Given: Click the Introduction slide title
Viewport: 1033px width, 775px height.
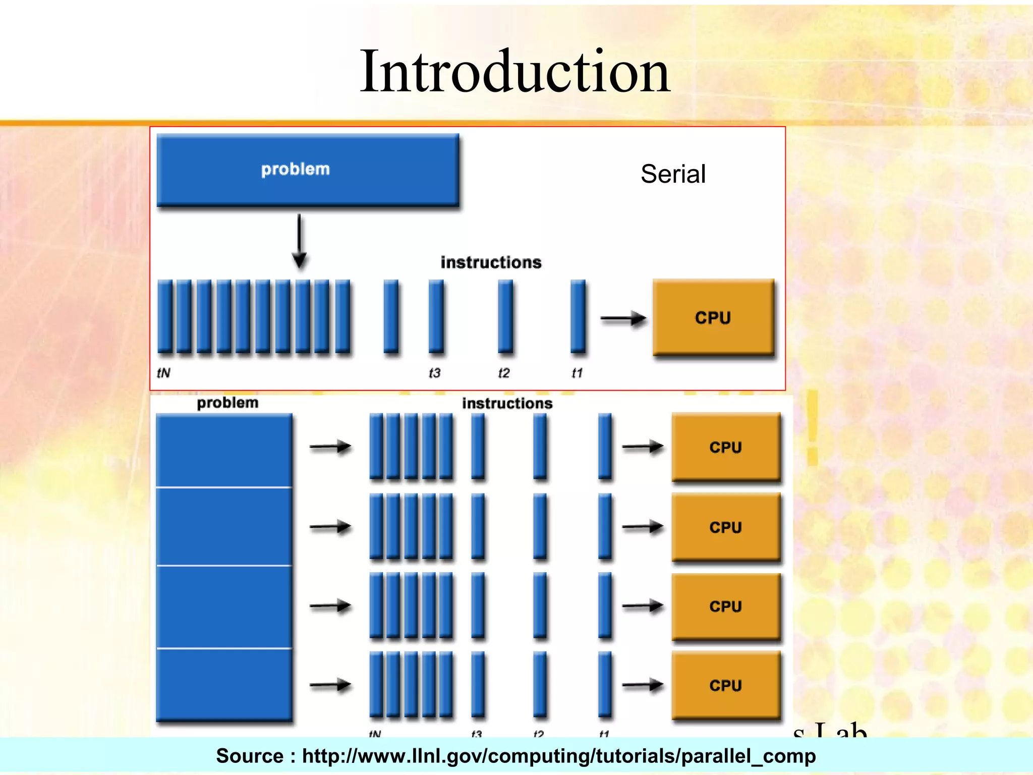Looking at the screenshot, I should click(x=514, y=72).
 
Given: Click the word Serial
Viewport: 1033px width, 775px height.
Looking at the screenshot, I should click(x=673, y=175).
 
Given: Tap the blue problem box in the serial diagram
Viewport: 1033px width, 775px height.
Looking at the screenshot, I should click(x=308, y=170).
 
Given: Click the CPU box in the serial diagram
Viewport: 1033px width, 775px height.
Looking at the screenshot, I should click(x=713, y=317).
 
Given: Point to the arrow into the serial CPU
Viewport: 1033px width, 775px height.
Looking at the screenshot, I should click(x=623, y=318).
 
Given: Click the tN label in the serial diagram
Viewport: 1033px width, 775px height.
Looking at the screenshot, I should click(x=163, y=373).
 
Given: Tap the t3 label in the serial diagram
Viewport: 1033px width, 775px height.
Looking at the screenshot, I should click(x=434, y=373).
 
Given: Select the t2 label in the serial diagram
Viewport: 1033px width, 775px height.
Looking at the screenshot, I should click(x=503, y=373).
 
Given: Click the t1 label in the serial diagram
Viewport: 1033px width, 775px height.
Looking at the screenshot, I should click(x=577, y=373).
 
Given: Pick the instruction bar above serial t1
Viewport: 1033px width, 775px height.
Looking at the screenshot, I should click(x=578, y=316).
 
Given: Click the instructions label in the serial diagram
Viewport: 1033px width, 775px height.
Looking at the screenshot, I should click(x=491, y=262).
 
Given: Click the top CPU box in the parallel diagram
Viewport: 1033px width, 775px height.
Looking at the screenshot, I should click(x=726, y=447).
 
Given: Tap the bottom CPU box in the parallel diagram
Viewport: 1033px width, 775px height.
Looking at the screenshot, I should click(x=726, y=685).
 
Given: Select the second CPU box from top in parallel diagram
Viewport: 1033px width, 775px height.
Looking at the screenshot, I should click(x=726, y=527).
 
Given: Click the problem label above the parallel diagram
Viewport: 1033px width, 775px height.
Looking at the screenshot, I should click(x=227, y=403).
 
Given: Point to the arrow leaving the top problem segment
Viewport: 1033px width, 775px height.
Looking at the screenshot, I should click(x=330, y=447).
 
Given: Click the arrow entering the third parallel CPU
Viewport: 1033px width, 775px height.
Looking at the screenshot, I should click(x=642, y=605).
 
